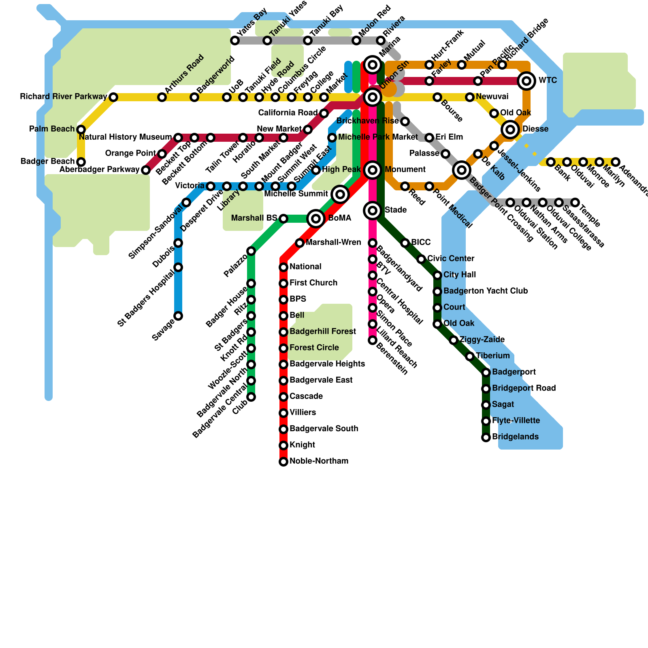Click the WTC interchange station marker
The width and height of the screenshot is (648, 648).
click(526, 81)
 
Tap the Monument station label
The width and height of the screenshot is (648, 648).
click(405, 170)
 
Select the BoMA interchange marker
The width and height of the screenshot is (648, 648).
click(316, 219)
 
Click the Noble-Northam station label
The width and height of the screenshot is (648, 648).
click(319, 461)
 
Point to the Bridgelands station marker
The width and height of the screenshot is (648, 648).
click(486, 437)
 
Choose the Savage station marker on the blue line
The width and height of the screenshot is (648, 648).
click(178, 316)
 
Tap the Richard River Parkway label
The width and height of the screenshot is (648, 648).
click(64, 97)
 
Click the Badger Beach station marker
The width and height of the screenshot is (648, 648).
click(81, 162)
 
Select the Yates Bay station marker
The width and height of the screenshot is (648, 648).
click(235, 40)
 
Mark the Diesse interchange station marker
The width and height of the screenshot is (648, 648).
click(510, 130)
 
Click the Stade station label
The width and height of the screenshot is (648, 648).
click(396, 210)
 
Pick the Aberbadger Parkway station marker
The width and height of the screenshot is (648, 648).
click(146, 170)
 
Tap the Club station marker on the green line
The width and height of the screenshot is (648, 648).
click(251, 397)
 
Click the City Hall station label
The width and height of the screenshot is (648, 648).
click(460, 275)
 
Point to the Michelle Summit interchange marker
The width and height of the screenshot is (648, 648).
click(340, 194)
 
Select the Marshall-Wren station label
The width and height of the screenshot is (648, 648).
click(333, 243)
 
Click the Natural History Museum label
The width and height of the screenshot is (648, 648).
click(126, 137)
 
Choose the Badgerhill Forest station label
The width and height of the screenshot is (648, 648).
click(323, 332)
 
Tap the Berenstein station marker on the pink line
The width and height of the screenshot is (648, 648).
click(373, 340)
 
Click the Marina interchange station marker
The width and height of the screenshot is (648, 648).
click(373, 64)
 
